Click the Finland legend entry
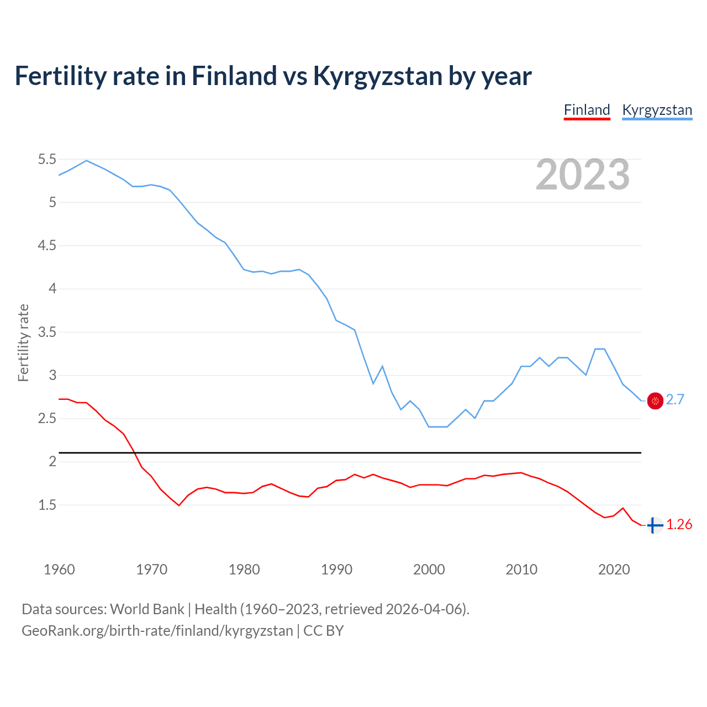[587, 110]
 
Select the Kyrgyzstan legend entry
[657, 110]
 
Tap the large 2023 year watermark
[583, 175]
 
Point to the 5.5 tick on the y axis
[47, 160]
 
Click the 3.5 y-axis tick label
[47, 332]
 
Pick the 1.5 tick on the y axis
[47, 505]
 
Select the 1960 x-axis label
[59, 569]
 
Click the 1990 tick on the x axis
[336, 569]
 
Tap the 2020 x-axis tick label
[614, 569]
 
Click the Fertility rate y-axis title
[23, 342]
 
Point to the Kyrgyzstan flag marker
[655, 401]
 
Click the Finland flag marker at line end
[655, 525]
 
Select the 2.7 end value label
[675, 400]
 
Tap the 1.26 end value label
[679, 525]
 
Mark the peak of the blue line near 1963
[86, 161]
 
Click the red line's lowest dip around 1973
[179, 505]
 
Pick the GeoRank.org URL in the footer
[157, 631]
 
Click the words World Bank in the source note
[147, 609]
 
